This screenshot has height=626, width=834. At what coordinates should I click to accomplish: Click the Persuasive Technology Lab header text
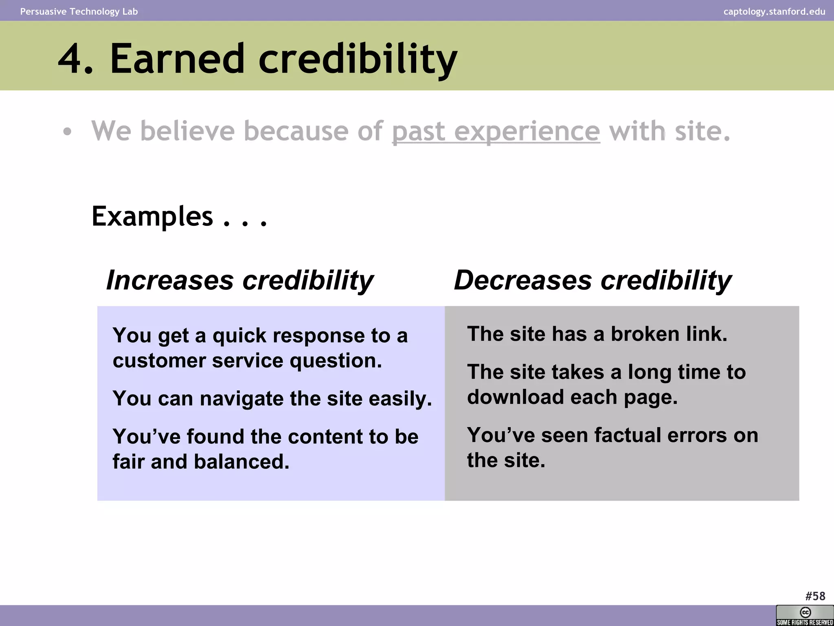(79, 11)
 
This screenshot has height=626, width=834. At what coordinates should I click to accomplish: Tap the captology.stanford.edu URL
(774, 11)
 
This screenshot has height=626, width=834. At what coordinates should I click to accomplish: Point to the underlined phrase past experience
(496, 131)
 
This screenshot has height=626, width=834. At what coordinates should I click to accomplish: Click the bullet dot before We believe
(67, 132)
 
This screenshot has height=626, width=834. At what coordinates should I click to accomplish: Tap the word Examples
(152, 216)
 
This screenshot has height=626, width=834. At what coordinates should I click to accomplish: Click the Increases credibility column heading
(239, 280)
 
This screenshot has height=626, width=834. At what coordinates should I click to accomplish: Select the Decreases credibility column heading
(593, 280)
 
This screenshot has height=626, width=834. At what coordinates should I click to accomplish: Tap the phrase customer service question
(247, 361)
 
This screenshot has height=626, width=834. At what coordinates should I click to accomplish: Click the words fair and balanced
(201, 462)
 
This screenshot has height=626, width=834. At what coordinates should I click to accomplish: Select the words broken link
(669, 334)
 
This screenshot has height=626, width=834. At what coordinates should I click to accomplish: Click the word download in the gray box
(515, 397)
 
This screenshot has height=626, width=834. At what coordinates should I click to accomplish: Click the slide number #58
(815, 596)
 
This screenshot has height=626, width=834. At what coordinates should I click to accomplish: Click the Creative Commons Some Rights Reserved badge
(804, 615)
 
